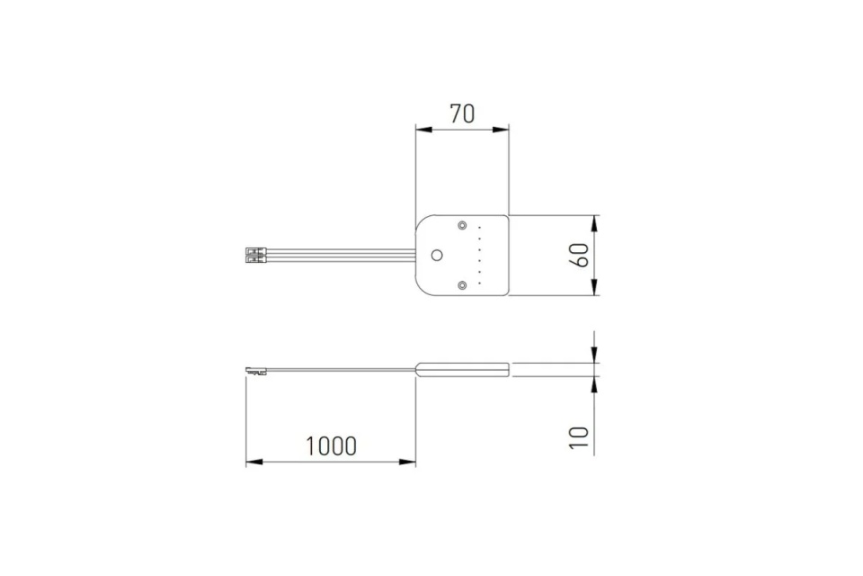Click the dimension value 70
462,113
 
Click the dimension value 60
582,255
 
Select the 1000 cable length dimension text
331,445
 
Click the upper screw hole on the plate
462,225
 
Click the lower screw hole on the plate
462,285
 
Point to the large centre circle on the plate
437,256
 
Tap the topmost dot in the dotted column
480,227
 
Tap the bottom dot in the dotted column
480,283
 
